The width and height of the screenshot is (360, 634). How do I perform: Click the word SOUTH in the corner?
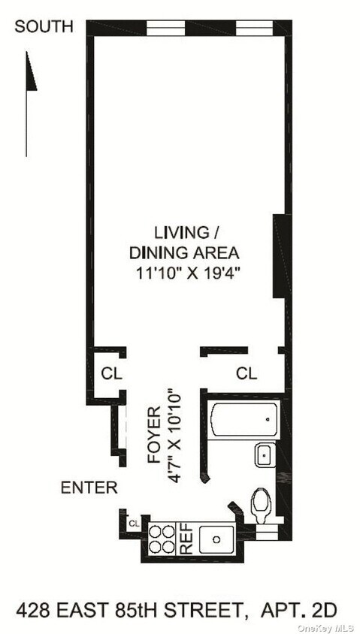pyautogui.click(x=44, y=27)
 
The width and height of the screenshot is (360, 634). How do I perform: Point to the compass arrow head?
pyautogui.click(x=31, y=71)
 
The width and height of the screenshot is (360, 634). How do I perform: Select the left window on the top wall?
pyautogui.click(x=165, y=29)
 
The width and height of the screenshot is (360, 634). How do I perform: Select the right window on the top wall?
pyautogui.click(x=254, y=29)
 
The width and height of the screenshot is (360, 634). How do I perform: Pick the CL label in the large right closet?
pyautogui.click(x=246, y=373)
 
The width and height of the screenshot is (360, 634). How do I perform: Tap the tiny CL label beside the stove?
pyautogui.click(x=134, y=523)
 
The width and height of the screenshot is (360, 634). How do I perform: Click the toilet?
pyautogui.click(x=261, y=505)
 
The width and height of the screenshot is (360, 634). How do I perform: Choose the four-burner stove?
pyautogui.click(x=162, y=538)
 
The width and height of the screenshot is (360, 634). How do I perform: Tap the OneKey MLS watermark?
pyautogui.click(x=327, y=627)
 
